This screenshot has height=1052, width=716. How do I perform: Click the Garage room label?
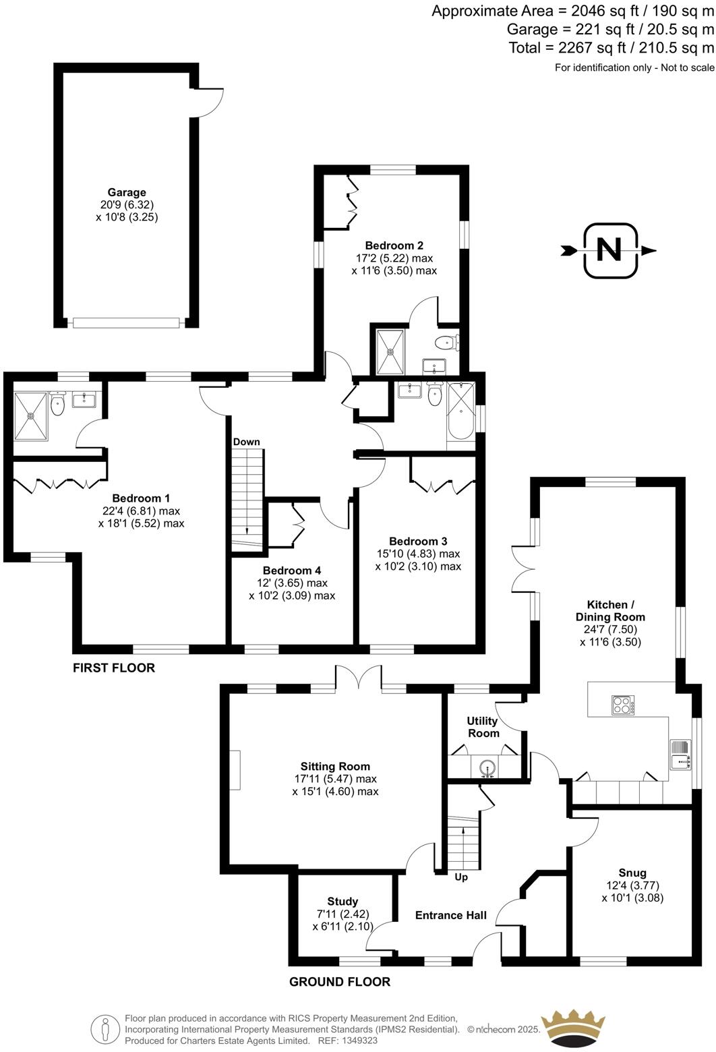(127, 193)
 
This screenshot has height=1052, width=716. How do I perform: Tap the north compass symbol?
(609, 250)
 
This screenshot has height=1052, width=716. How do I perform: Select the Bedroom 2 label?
(394, 245)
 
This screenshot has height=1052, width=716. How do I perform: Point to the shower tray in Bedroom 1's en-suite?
(31, 415)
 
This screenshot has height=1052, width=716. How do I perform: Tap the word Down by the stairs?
(246, 442)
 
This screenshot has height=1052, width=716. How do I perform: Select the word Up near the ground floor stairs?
(461, 877)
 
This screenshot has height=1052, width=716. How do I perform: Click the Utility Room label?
(483, 727)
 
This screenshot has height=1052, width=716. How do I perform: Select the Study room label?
(342, 901)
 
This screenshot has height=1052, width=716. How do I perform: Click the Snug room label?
(632, 873)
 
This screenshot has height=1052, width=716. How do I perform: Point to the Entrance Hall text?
(450, 915)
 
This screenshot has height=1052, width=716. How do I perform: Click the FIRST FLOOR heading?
(114, 668)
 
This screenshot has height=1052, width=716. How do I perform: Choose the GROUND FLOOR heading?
(340, 982)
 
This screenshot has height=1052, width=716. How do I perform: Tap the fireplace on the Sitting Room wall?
(234, 769)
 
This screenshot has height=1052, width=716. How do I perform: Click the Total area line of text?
(611, 47)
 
